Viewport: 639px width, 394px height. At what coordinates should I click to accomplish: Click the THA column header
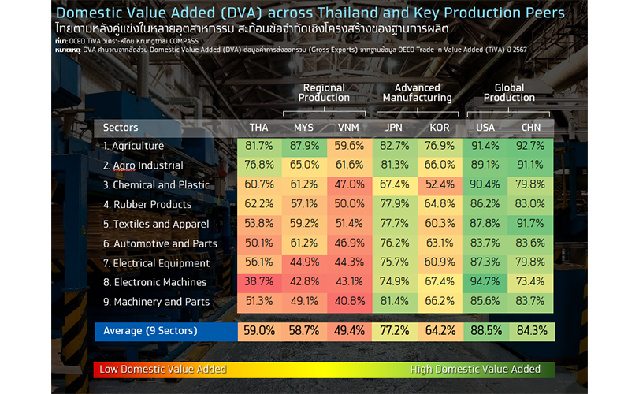[258, 128]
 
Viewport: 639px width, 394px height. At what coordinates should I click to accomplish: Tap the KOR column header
[440, 128]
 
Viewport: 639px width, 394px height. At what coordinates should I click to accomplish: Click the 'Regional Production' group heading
[323, 92]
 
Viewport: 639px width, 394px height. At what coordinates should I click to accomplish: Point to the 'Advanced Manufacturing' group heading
[417, 92]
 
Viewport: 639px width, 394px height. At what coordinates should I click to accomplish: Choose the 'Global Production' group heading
[509, 92]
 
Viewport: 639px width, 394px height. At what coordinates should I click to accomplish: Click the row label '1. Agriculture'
[133, 146]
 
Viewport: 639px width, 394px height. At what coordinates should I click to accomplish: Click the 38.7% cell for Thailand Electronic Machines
[258, 282]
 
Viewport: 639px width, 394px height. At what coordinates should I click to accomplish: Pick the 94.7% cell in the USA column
[486, 282]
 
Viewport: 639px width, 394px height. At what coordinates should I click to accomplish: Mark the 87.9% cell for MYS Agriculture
[303, 146]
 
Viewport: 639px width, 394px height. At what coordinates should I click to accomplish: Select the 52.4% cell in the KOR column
[440, 185]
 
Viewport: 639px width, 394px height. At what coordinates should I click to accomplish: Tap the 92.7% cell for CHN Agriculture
[531, 146]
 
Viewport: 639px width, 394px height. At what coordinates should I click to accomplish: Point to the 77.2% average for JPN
[395, 330]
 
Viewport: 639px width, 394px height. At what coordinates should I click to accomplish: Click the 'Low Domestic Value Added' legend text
[160, 369]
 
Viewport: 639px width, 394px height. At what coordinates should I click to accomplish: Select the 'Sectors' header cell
[121, 128]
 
